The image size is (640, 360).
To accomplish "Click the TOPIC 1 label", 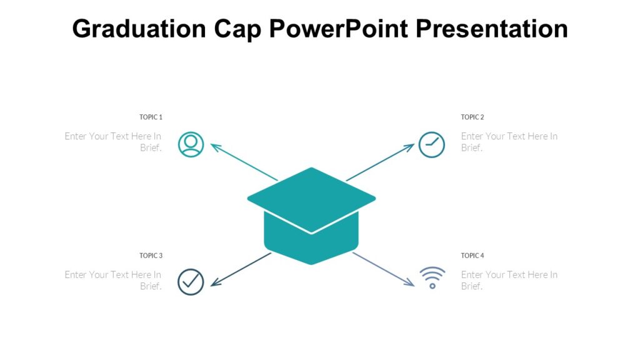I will tap(151, 117).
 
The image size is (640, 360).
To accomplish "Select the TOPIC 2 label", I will tap(472, 117).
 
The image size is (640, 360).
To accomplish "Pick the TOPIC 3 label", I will tap(151, 256).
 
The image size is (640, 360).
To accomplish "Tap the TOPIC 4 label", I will tap(472, 256).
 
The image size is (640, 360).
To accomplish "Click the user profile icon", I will tap(191, 144).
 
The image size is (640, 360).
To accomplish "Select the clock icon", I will tap(431, 144).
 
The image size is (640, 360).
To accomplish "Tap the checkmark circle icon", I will tap(191, 282).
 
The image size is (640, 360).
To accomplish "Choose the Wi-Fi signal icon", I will tap(432, 277).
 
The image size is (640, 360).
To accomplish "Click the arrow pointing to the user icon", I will tap(244, 162).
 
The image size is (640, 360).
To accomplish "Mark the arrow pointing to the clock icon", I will tap(380, 162).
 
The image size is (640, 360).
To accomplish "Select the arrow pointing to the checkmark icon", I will tap(241, 269).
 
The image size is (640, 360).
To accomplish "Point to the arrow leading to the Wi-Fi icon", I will tap(383, 269).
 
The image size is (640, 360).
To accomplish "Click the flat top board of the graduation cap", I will tap(311, 197).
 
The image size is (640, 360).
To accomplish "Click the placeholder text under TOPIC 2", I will tap(509, 142).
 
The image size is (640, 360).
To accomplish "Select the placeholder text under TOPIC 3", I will tap(114, 280).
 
